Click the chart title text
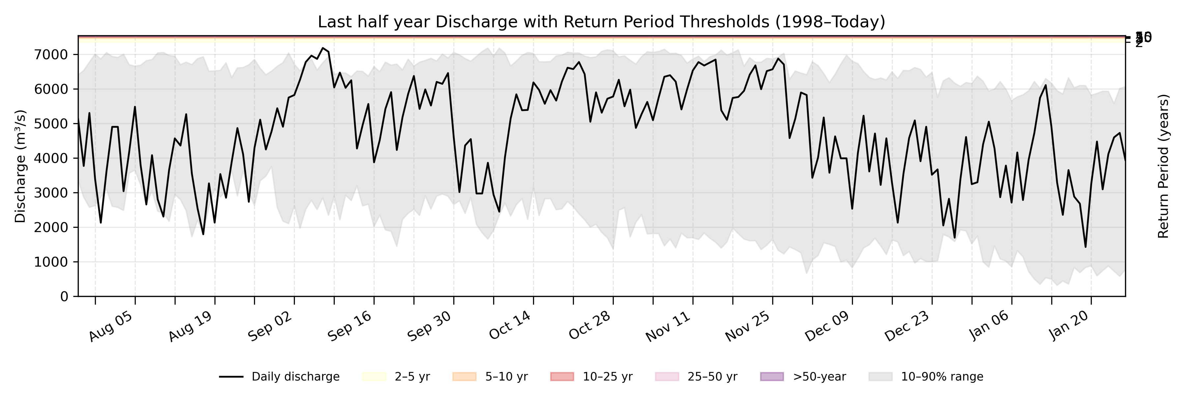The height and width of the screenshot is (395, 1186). pyautogui.click(x=601, y=22)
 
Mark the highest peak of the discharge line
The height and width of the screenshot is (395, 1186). pyautogui.click(x=323, y=48)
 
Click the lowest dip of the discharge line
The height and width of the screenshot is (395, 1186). pyautogui.click(x=1086, y=247)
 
